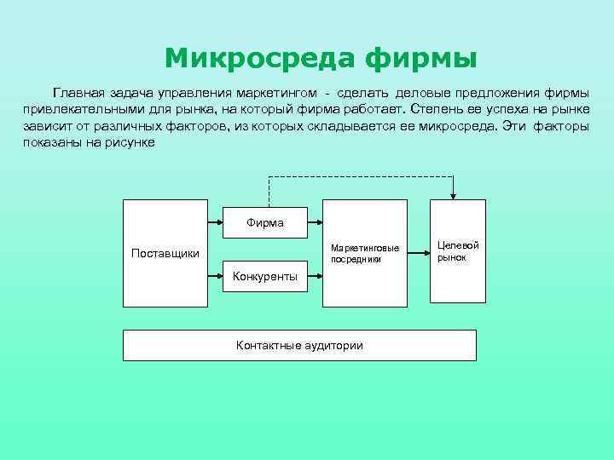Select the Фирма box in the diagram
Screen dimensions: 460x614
[265, 222]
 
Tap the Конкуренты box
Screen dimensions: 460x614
[265, 276]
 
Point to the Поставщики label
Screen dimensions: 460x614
[165, 253]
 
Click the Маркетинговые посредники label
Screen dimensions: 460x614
[365, 252]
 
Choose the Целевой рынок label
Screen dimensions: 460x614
[458, 250]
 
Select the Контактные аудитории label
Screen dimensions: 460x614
[299, 345]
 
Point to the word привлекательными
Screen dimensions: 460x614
[87, 109]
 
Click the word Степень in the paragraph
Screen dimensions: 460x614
[436, 109]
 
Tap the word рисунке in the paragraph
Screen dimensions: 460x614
[132, 143]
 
